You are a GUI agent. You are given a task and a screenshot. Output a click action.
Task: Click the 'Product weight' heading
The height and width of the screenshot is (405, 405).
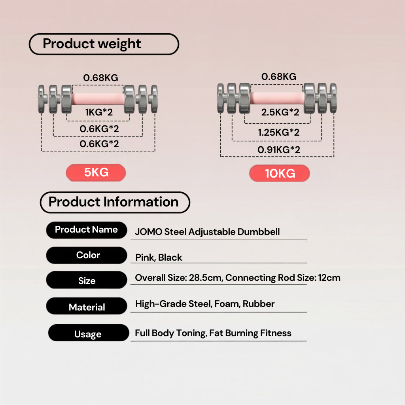104,44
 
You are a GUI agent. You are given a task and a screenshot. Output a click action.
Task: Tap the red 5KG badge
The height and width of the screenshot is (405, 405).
96,172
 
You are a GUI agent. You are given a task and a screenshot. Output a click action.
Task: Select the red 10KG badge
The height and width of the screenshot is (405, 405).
280,173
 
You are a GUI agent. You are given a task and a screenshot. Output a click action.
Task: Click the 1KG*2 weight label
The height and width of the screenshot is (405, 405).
99,112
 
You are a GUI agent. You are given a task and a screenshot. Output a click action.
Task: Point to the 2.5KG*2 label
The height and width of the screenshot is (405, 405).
280,112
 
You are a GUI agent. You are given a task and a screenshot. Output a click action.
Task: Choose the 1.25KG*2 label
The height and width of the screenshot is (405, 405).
279,132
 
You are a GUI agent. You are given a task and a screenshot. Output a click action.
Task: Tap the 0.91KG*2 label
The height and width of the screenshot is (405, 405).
279,150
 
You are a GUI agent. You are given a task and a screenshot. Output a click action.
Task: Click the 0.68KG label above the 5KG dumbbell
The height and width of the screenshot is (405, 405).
100,78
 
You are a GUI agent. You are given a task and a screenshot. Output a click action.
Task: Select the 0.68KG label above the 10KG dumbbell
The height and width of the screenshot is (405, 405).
279,76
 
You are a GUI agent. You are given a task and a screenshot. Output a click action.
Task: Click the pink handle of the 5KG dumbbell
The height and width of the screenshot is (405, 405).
98,99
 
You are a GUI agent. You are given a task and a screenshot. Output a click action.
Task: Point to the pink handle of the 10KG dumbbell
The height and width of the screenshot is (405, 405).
277,98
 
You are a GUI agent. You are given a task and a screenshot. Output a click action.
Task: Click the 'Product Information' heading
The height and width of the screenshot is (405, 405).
115,202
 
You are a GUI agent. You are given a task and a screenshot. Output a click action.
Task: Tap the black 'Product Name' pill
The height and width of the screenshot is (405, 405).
87,230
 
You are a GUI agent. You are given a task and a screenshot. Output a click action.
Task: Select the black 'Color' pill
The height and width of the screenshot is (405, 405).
87,255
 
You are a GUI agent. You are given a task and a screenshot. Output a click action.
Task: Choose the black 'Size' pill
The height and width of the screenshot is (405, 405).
87,280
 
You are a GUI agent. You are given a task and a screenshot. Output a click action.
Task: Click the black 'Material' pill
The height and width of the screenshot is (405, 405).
87,306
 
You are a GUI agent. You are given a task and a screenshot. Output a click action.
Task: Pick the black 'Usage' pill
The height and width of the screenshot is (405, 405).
89,333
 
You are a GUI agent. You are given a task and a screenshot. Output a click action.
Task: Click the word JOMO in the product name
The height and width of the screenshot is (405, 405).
149,232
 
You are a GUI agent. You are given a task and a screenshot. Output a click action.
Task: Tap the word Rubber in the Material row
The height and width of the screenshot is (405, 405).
259,304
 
